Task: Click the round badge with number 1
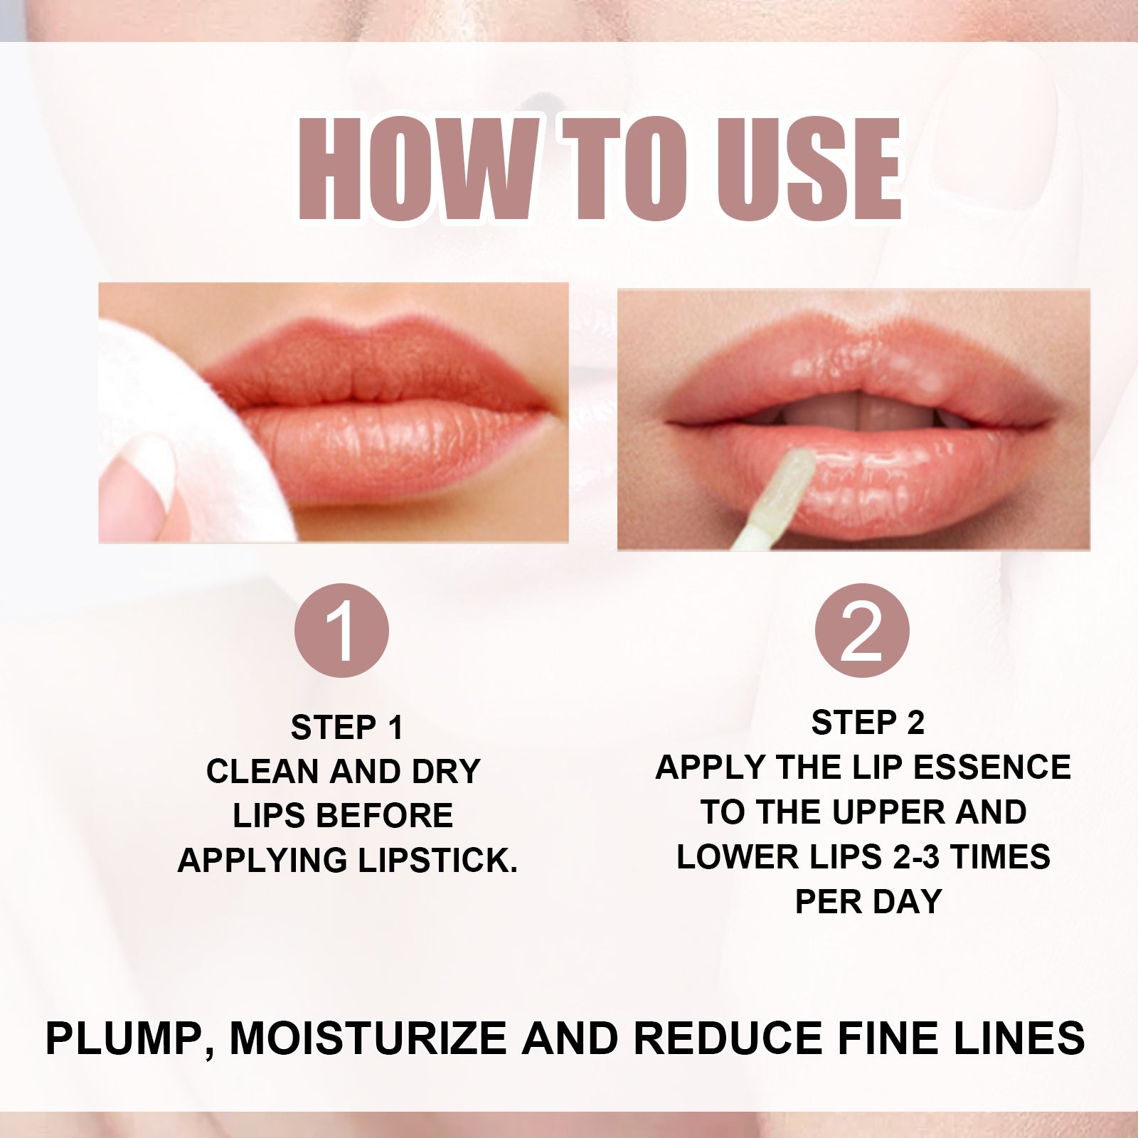[341, 631]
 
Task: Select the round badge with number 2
[861, 631]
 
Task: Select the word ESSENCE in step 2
[991, 768]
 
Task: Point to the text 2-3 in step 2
[917, 857]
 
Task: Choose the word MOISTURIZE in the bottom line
[368, 1039]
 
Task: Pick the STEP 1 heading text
[347, 728]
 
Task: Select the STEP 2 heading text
[868, 723]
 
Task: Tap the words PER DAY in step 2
[868, 902]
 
